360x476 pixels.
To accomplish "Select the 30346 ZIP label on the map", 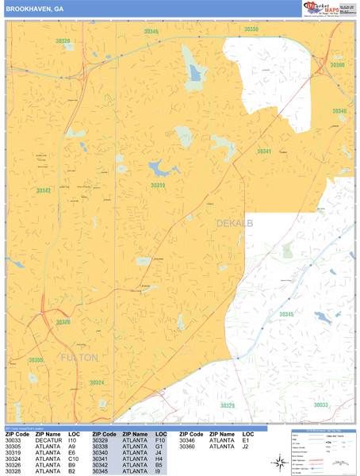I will (151, 32).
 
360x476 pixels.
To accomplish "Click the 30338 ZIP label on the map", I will (251, 29).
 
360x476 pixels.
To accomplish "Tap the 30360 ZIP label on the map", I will (338, 65).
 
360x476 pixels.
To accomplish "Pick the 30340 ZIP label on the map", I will (339, 111).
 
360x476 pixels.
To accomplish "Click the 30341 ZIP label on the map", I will (264, 151).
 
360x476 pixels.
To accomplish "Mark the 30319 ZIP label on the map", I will (159, 186).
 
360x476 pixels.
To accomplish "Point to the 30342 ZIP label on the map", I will (43, 190).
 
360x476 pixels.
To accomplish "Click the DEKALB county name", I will (234, 225).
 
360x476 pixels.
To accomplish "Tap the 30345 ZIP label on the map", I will (286, 314).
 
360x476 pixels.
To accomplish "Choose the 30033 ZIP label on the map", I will (320, 405).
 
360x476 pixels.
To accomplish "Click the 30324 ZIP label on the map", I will (96, 382).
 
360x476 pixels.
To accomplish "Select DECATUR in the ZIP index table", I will (48, 440).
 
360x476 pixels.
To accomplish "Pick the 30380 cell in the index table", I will (187, 446).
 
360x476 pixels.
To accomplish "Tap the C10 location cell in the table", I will (73, 459).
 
